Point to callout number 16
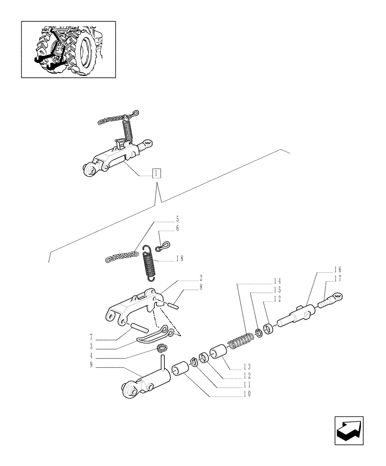click(338, 270)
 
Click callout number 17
click(338, 279)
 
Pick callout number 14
click(278, 281)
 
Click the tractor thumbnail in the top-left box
click(69, 48)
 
